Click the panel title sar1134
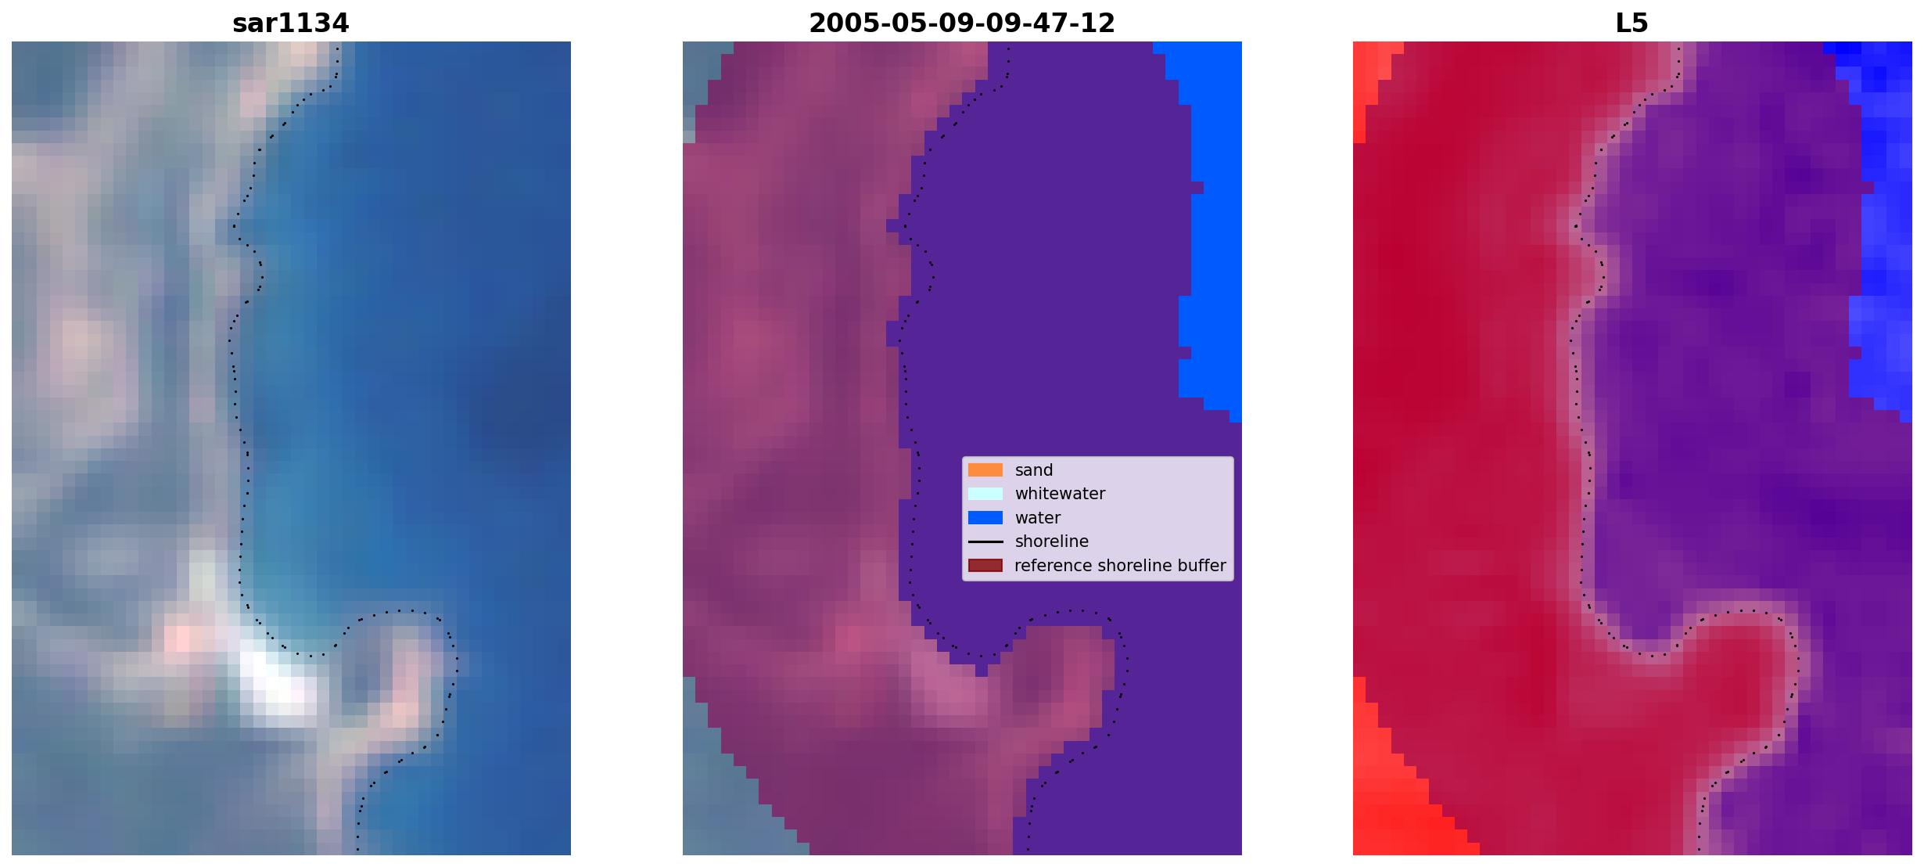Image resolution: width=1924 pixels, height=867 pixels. [290, 23]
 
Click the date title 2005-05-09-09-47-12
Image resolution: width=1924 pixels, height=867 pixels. [962, 23]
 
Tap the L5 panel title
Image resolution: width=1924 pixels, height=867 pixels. [1632, 23]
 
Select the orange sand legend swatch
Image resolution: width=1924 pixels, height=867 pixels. [985, 470]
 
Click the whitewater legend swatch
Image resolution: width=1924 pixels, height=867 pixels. [985, 494]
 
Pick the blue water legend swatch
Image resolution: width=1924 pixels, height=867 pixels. [985, 518]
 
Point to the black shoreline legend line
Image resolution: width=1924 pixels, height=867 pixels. [985, 541]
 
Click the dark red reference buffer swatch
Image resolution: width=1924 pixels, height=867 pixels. [985, 566]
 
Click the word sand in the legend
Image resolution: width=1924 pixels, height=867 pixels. [1034, 470]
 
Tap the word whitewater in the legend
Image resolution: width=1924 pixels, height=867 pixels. [1060, 494]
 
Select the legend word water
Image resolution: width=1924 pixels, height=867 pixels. [1038, 518]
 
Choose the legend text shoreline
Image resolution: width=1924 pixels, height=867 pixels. [1052, 541]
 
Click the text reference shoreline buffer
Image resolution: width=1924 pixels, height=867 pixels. [1121, 566]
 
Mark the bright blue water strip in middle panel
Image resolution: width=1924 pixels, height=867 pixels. [1208, 227]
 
